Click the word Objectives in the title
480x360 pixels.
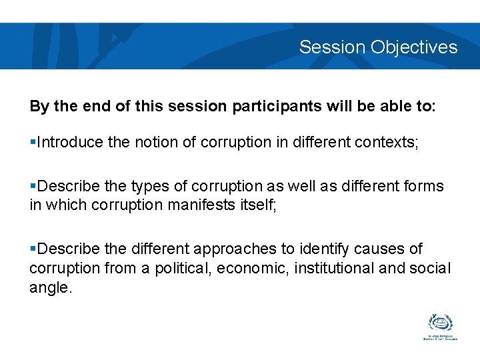point(414,47)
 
